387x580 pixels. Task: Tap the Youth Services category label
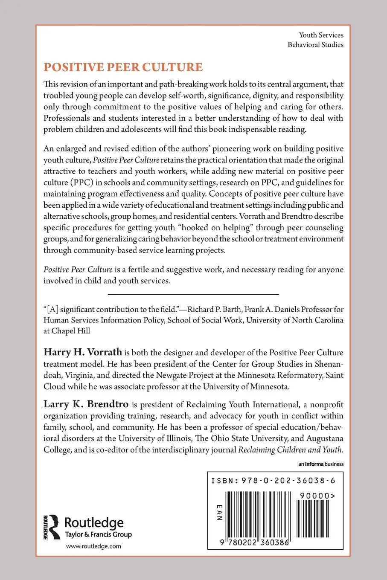point(321,35)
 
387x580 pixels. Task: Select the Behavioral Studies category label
point(315,45)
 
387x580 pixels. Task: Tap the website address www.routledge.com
point(93,546)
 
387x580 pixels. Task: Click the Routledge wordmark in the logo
point(94,523)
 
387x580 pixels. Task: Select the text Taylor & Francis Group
point(98,534)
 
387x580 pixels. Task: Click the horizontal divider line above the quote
point(193,294)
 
